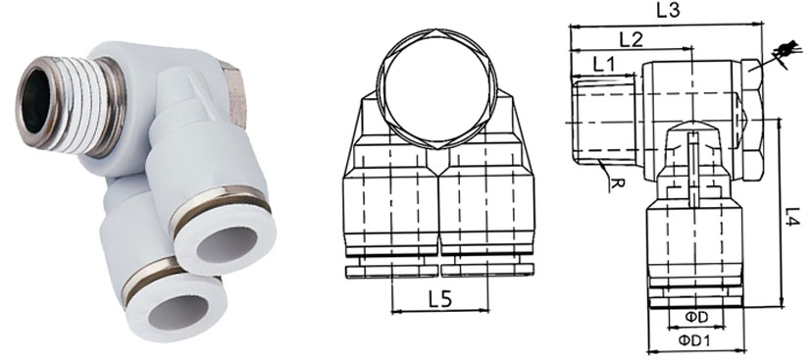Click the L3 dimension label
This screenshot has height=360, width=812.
click(668, 11)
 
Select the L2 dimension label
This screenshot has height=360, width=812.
click(631, 38)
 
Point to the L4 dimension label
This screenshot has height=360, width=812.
click(792, 217)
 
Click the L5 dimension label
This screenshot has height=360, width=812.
click(439, 299)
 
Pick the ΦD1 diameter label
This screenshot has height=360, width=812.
click(694, 340)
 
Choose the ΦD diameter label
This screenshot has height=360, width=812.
click(696, 318)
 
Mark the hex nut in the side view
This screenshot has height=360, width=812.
click(752, 121)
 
